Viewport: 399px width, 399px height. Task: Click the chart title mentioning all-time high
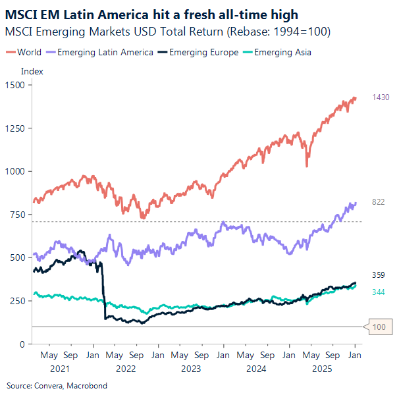151,14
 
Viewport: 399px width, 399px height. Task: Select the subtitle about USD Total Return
168,32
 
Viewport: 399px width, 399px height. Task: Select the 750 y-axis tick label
16,215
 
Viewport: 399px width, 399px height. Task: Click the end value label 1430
381,97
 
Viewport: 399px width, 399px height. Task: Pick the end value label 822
378,202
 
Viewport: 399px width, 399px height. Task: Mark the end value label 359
378,275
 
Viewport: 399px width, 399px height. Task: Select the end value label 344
378,292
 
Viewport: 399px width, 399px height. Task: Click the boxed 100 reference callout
378,327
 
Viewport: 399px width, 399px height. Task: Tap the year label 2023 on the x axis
190,369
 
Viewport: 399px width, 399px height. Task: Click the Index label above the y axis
32,71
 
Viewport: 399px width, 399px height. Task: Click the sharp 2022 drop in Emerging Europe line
103,290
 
